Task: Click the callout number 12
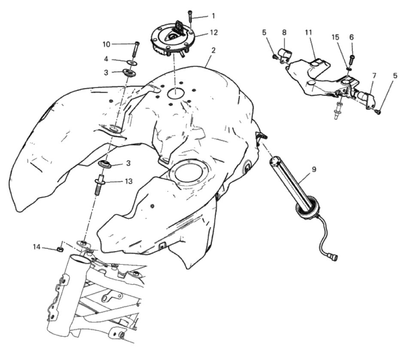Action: click(214, 33)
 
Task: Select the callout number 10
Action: click(106, 44)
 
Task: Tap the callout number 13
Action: click(128, 182)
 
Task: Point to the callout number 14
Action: click(36, 247)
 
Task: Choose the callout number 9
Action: click(314, 169)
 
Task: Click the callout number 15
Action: click(335, 37)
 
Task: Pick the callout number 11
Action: click(308, 33)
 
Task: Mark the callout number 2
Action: click(213, 50)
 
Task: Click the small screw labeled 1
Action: click(190, 16)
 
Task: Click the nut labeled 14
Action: click(60, 249)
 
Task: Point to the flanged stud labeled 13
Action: click(100, 185)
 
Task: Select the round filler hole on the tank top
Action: click(176, 93)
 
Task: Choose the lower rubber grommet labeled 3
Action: click(105, 164)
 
